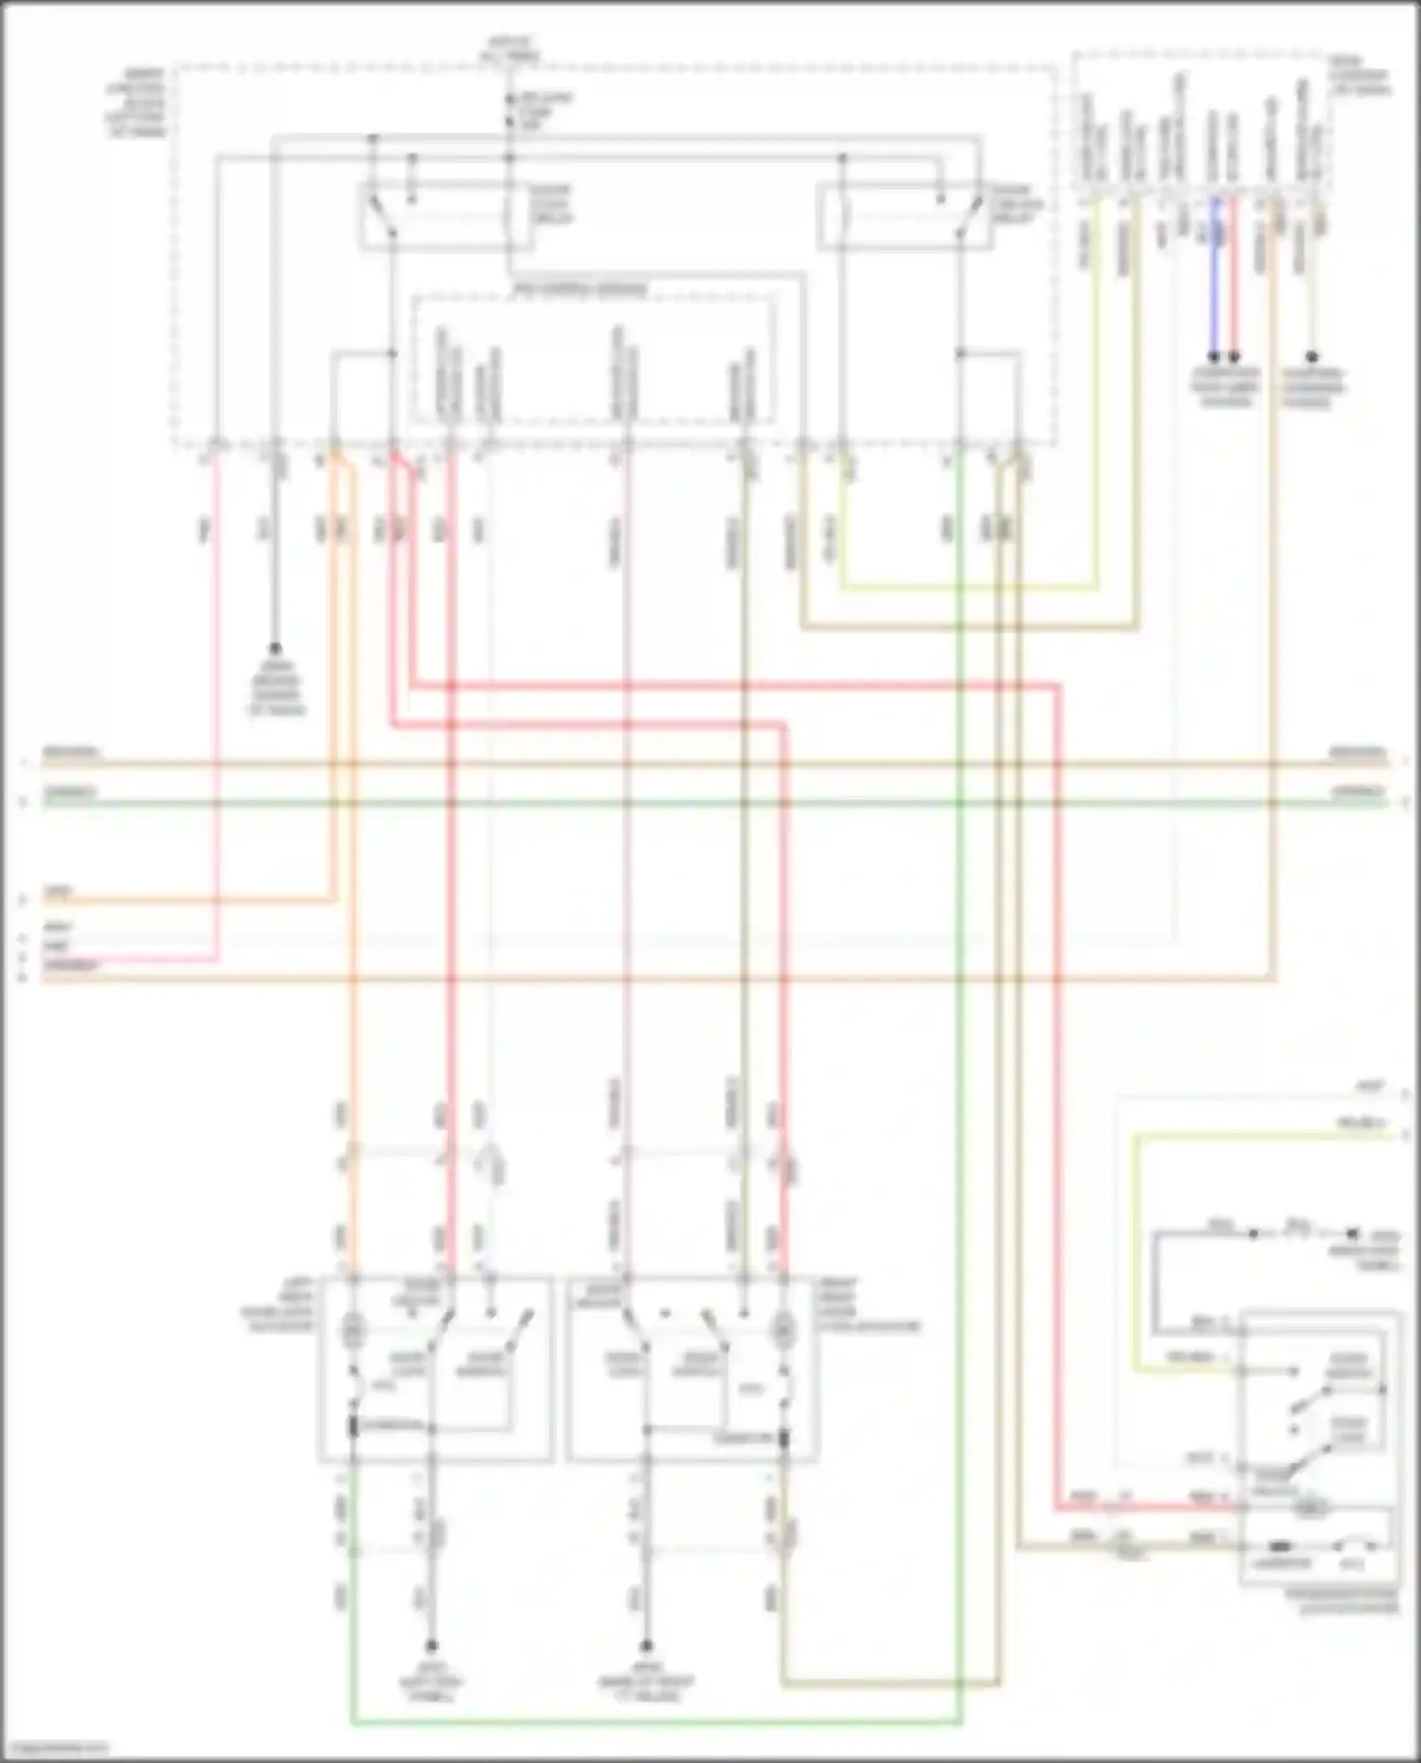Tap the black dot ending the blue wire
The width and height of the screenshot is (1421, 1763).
(x=1214, y=357)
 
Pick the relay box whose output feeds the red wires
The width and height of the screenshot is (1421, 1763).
(x=445, y=218)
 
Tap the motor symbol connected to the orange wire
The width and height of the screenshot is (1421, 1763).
(x=352, y=1332)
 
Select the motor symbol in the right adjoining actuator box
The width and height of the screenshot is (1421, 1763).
(x=783, y=1332)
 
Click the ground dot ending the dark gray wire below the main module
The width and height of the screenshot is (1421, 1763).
(x=275, y=649)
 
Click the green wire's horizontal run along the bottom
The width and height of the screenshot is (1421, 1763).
(x=654, y=1722)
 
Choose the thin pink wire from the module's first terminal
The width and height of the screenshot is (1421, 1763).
(x=217, y=711)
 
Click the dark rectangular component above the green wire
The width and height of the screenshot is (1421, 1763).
(x=352, y=1427)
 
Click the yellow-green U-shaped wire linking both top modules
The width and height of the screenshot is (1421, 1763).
(x=966, y=587)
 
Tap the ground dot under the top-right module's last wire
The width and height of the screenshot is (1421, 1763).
(x=1312, y=357)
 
